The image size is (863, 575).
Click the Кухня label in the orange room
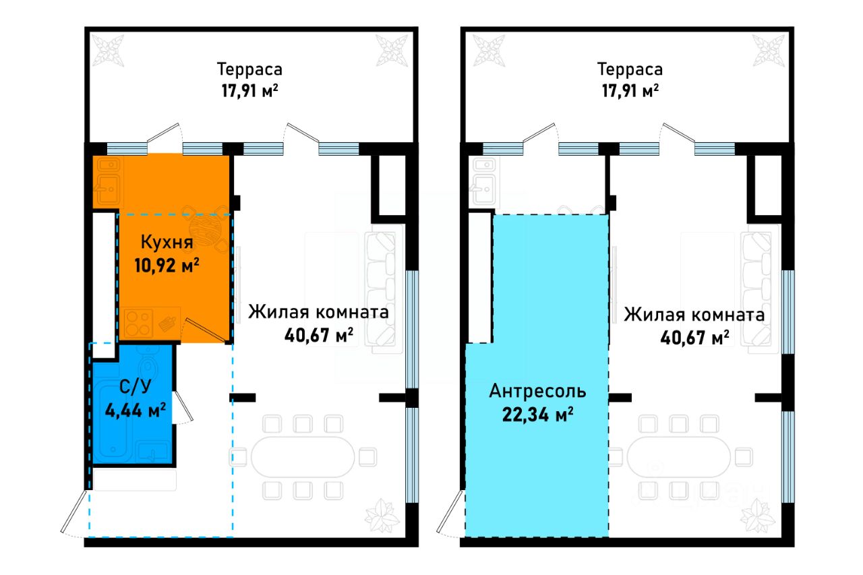tap(167, 242)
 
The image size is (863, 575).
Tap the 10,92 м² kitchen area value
tap(167, 266)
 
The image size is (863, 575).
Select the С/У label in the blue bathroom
tap(136, 387)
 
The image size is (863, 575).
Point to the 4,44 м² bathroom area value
tap(136, 411)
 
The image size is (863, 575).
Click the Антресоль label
tap(537, 391)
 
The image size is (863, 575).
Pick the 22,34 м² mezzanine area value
tap(537, 415)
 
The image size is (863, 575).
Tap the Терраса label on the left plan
tap(249, 69)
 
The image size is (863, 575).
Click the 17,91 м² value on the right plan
tap(630, 91)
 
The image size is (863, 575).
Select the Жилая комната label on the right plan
tap(694, 315)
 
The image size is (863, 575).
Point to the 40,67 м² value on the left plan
tap(319, 335)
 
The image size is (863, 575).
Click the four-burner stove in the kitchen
tap(138, 323)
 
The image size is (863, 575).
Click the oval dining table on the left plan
tap(303, 457)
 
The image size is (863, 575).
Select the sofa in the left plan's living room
tap(381, 289)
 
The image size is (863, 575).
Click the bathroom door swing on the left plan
tap(183, 407)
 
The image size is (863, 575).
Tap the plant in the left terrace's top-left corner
tap(108, 51)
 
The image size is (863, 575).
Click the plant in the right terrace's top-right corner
tap(769, 51)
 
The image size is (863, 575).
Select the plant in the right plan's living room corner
tap(758, 516)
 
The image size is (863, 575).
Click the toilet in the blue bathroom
tap(148, 368)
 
